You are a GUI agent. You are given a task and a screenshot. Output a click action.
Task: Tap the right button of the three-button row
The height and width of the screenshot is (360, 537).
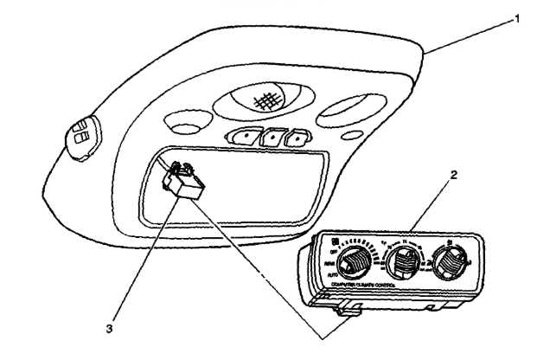point(297,136)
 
